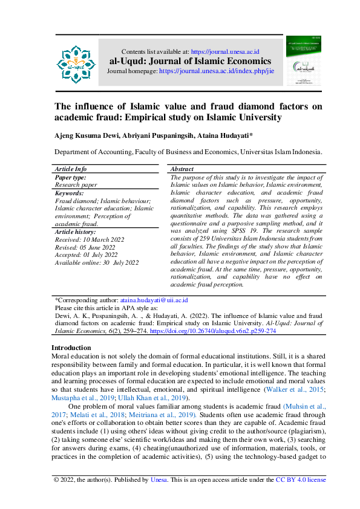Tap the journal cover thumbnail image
[303, 62]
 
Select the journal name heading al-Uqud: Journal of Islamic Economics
[190, 61]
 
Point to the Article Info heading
[71, 169]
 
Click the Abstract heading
[182, 169]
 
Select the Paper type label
[70, 177]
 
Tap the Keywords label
[69, 193]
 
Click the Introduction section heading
[71, 348]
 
